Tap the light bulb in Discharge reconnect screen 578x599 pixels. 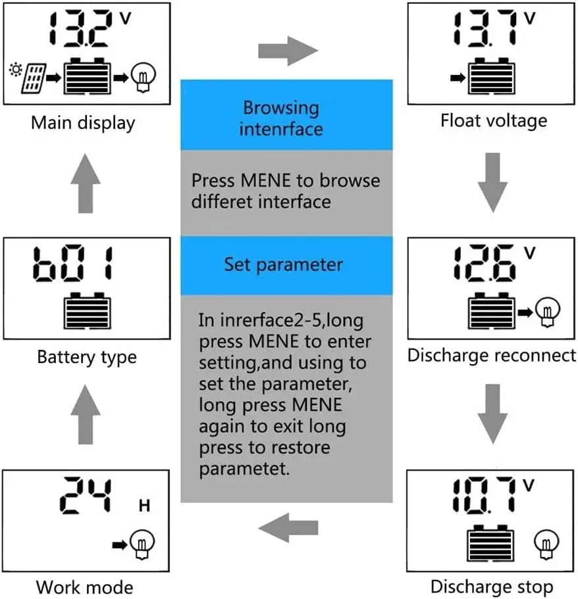[546, 308]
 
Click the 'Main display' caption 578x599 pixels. [83, 123]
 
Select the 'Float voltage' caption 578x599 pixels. [493, 121]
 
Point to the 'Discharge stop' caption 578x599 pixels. [492, 586]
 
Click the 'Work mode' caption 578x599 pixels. [84, 587]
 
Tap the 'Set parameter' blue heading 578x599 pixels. [283, 264]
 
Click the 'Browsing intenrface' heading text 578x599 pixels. [281, 118]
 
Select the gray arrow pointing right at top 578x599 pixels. [288, 50]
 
